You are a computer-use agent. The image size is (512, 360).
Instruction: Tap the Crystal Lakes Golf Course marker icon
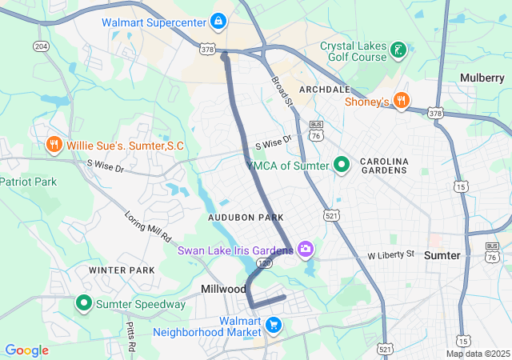(x=398, y=53)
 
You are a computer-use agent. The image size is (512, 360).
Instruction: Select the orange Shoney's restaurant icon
(x=402, y=101)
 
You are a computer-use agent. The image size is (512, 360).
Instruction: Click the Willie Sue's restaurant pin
(x=54, y=145)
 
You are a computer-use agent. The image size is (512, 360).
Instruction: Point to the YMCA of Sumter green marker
(x=342, y=165)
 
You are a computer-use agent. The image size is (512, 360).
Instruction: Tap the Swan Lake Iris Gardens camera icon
(x=305, y=250)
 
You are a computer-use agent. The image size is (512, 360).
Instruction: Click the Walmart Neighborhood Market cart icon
(x=274, y=325)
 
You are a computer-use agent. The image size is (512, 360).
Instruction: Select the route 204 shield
(x=40, y=46)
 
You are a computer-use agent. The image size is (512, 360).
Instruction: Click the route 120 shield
(x=265, y=262)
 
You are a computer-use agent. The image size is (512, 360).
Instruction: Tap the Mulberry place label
(x=482, y=78)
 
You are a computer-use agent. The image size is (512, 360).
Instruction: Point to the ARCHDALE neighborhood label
(x=326, y=89)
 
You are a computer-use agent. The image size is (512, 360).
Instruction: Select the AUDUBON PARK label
(x=245, y=218)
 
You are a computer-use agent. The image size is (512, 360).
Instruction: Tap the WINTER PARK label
(x=122, y=270)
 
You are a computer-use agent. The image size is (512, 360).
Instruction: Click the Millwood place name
(x=224, y=288)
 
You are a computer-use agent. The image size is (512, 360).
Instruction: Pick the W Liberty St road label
(x=390, y=254)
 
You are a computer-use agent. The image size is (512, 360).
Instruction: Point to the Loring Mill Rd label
(x=148, y=226)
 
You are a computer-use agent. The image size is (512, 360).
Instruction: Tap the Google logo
(x=26, y=350)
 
